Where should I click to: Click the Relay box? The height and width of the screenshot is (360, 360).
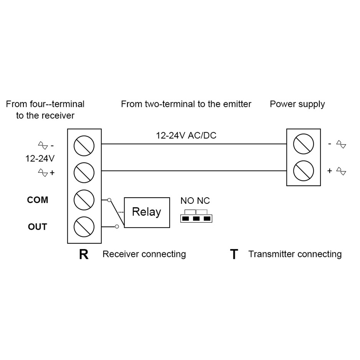pyautogui.click(x=147, y=212)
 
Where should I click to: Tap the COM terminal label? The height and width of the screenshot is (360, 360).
pyautogui.click(x=37, y=200)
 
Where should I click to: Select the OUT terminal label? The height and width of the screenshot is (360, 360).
pyautogui.click(x=37, y=227)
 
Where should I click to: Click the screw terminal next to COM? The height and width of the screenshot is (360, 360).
pyautogui.click(x=84, y=199)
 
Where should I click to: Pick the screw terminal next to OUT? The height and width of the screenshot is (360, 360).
pyautogui.click(x=84, y=227)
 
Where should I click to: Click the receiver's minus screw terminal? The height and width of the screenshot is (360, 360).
pyautogui.click(x=84, y=145)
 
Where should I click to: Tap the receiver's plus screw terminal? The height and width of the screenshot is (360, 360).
pyautogui.click(x=84, y=172)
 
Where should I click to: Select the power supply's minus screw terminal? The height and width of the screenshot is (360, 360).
pyautogui.click(x=303, y=144)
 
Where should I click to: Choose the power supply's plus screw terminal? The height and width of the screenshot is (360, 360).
pyautogui.click(x=303, y=171)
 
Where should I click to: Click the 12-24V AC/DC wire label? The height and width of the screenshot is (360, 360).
pyautogui.click(x=186, y=136)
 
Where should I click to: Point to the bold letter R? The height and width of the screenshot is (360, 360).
pyautogui.click(x=84, y=255)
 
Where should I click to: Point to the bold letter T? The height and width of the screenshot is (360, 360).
pyautogui.click(x=234, y=255)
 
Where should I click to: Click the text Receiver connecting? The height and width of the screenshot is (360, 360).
pyautogui.click(x=144, y=254)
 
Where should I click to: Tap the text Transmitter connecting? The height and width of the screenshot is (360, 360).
pyautogui.click(x=295, y=254)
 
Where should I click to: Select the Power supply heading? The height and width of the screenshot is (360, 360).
pyautogui.click(x=297, y=104)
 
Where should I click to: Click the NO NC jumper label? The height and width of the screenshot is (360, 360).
pyautogui.click(x=195, y=201)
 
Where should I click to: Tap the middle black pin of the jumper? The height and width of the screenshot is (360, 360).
pyautogui.click(x=196, y=219)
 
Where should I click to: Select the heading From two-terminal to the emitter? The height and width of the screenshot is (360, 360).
pyautogui.click(x=186, y=104)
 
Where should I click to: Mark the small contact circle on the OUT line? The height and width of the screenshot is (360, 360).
pyautogui.click(x=116, y=226)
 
